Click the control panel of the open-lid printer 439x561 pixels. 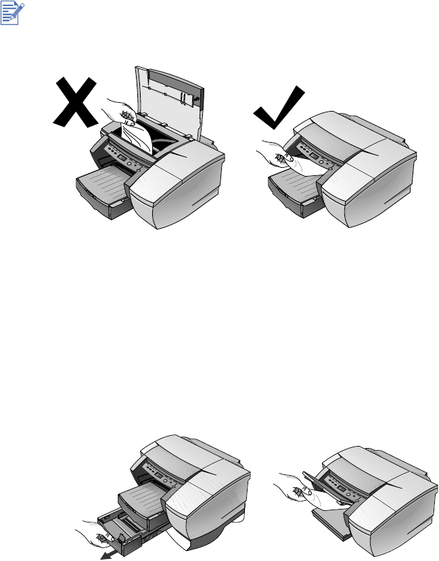[122, 162]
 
